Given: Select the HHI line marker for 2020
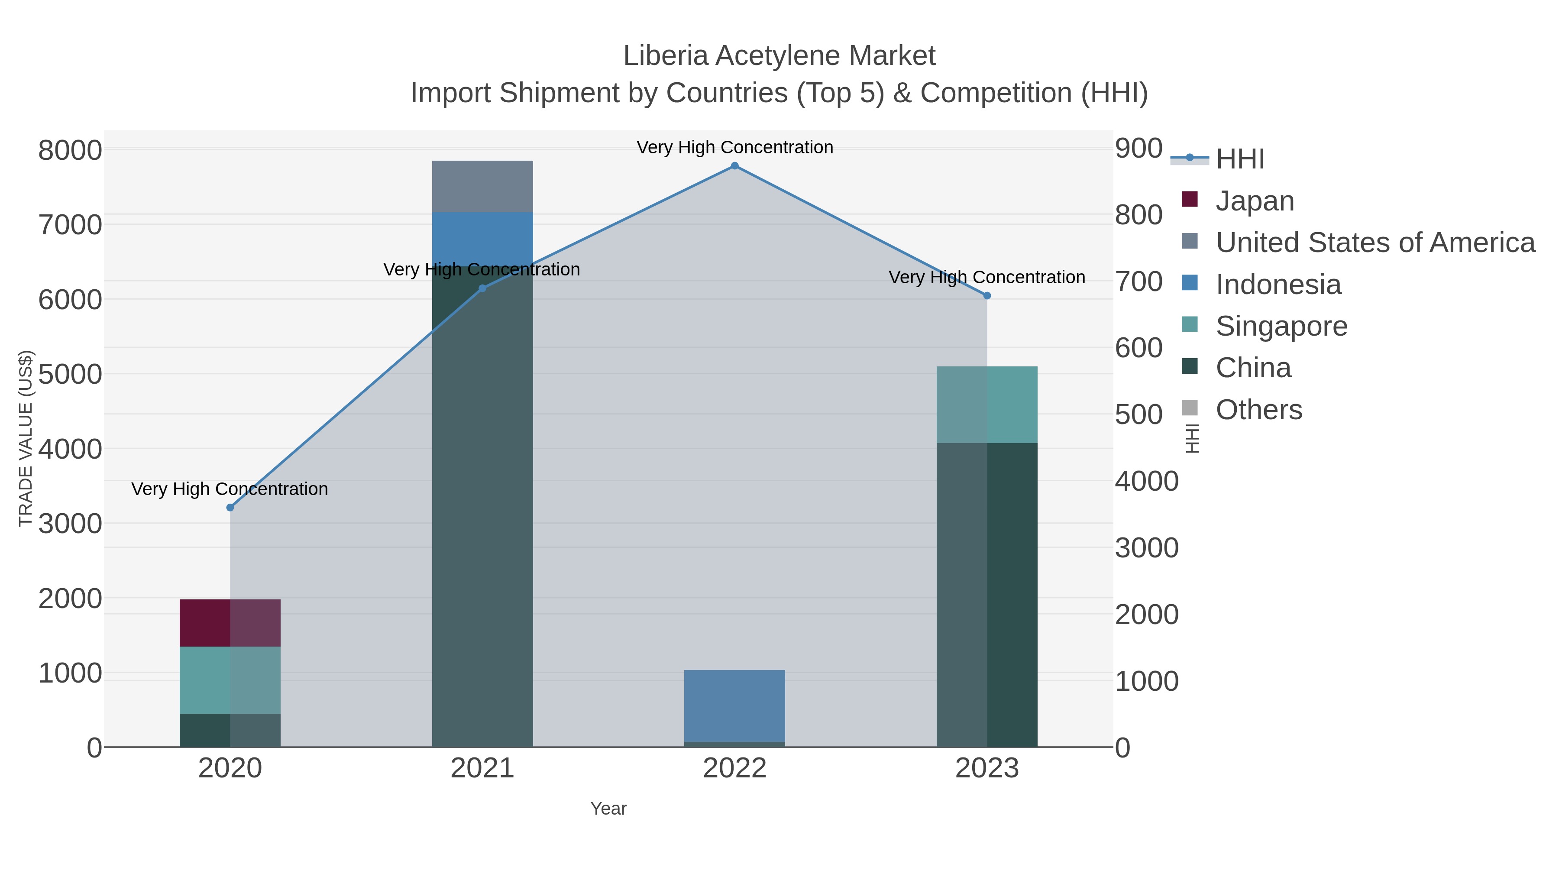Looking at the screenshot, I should click(x=230, y=507).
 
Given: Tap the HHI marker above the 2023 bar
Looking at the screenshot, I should click(x=987, y=295).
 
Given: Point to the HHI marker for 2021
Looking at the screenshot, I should click(x=482, y=288).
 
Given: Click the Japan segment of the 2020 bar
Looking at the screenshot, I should click(x=230, y=623).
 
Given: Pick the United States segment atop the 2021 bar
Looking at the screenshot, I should click(x=482, y=186).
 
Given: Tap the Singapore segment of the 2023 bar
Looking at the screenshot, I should click(x=987, y=405).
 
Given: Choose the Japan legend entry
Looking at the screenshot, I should click(x=1254, y=201).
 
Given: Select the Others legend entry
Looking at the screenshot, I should click(x=1258, y=410).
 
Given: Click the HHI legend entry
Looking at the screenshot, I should click(x=1239, y=159).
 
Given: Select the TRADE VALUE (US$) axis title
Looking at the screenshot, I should click(x=26, y=438).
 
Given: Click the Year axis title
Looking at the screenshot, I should click(x=608, y=809).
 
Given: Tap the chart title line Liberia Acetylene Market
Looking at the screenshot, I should click(x=779, y=56).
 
